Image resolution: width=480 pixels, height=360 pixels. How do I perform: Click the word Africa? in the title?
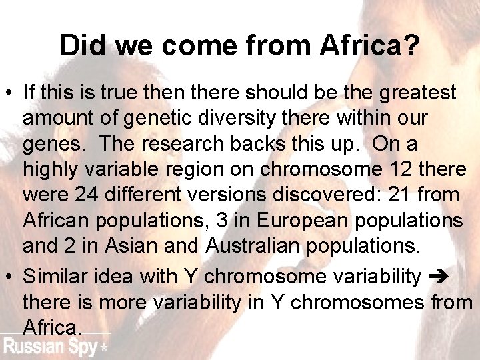click(370, 45)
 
